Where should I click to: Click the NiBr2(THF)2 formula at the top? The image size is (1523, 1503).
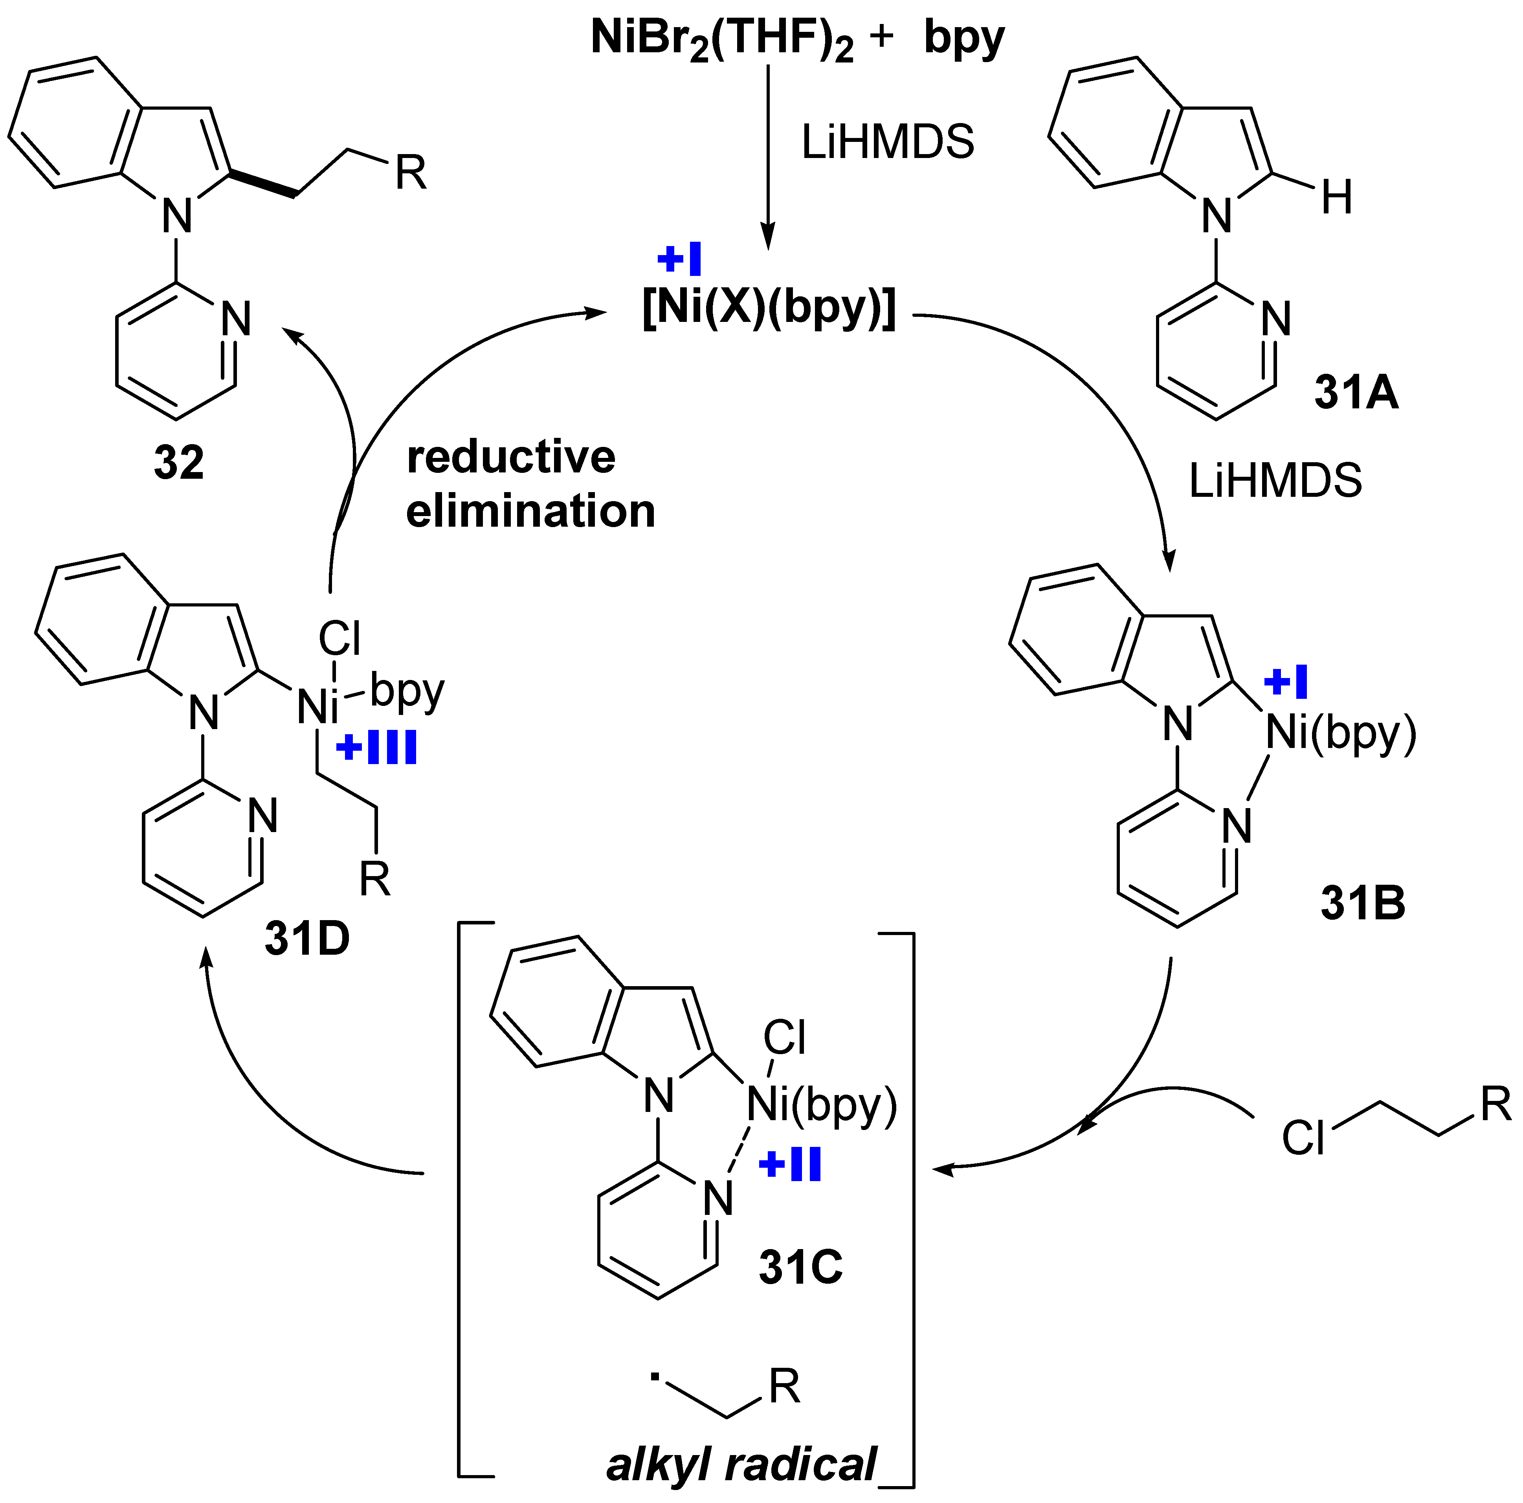(721, 39)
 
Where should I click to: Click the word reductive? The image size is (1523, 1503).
(511, 458)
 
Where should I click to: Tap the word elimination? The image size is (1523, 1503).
(530, 511)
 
